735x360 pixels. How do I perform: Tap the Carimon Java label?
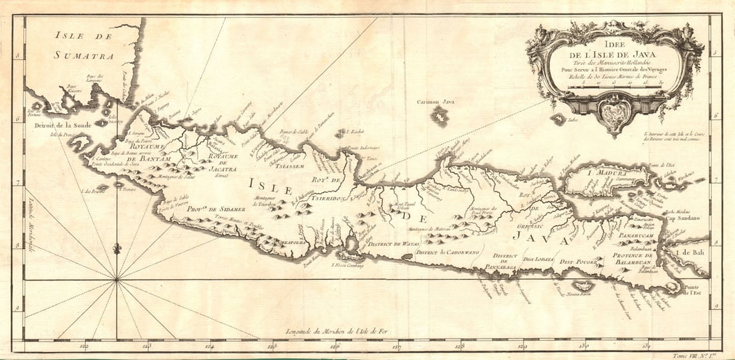pyautogui.click(x=435, y=102)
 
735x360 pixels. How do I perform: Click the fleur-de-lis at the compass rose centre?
pyautogui.click(x=118, y=248)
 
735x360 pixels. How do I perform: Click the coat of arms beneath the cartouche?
pyautogui.click(x=615, y=114)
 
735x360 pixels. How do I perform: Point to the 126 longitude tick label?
pyautogui.click(x=335, y=346)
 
